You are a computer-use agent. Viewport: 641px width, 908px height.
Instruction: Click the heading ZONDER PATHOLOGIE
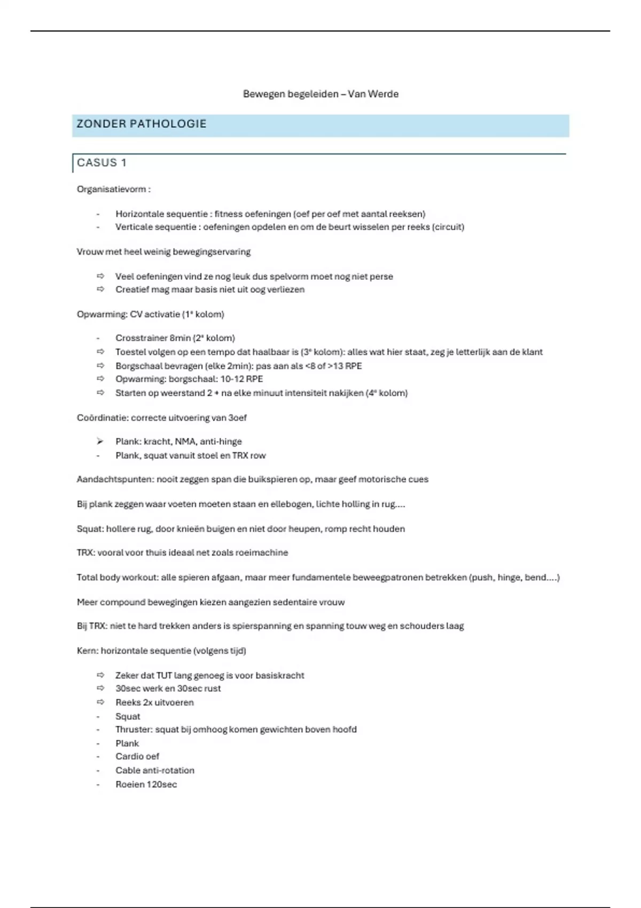point(142,124)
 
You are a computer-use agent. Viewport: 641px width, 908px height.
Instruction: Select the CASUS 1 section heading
point(101,163)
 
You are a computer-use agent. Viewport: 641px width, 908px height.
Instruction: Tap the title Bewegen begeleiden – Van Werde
point(320,94)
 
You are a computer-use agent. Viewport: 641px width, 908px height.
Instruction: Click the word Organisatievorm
point(111,189)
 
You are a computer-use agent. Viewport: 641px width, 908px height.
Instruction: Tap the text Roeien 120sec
point(146,785)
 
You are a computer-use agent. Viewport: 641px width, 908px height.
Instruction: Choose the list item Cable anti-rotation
point(155,771)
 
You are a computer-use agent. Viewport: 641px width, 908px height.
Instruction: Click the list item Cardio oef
point(137,756)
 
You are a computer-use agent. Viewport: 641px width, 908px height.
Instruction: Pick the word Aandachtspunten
point(115,480)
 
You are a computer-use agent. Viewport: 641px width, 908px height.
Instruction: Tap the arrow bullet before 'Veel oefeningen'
point(100,276)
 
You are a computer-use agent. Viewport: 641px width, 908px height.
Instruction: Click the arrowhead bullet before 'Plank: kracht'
point(100,442)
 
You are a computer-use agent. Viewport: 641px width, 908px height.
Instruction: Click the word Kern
point(87,651)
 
